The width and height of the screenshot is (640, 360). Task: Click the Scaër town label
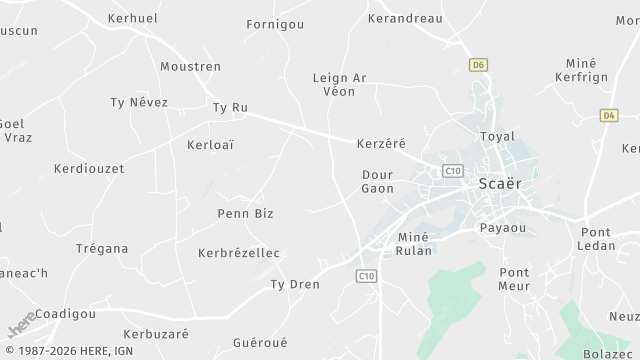click(501, 184)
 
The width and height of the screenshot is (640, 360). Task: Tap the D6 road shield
click(478, 65)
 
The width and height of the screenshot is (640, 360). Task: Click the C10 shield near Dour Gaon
click(453, 171)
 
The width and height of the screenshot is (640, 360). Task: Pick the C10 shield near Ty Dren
click(367, 275)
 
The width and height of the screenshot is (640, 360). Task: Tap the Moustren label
click(190, 66)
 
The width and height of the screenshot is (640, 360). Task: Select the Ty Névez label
click(139, 102)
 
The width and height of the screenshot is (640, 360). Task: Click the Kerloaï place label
click(210, 144)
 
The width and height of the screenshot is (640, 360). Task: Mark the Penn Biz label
click(245, 213)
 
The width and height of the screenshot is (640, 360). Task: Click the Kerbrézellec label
click(238, 253)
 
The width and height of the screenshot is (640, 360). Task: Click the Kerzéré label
click(381, 144)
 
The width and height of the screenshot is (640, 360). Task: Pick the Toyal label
click(497, 136)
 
